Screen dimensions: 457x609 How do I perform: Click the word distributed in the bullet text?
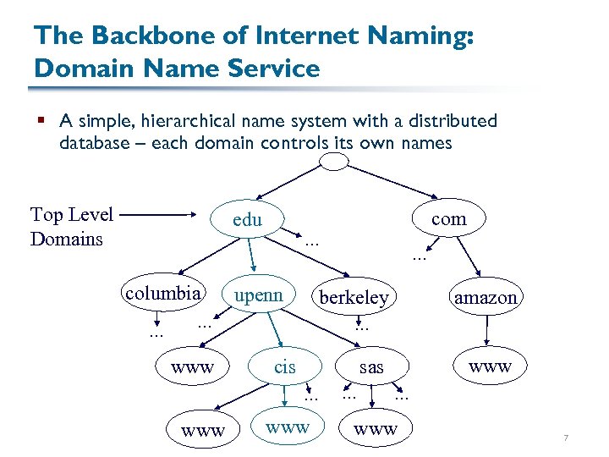coord(451,122)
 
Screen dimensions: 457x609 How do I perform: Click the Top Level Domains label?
coord(71,227)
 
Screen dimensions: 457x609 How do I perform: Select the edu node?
coord(247,220)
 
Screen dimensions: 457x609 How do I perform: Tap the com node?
coord(448,218)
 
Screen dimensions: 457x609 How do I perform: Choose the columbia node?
coord(162,294)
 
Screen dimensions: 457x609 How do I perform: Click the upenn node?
coord(259,295)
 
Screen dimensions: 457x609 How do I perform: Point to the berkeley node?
coord(354,297)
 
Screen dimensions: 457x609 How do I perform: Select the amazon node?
coord(485,297)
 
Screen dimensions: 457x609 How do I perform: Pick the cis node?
coord(285,366)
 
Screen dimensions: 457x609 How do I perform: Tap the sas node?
coord(371,366)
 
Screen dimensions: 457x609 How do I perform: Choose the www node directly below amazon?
coord(490,366)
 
